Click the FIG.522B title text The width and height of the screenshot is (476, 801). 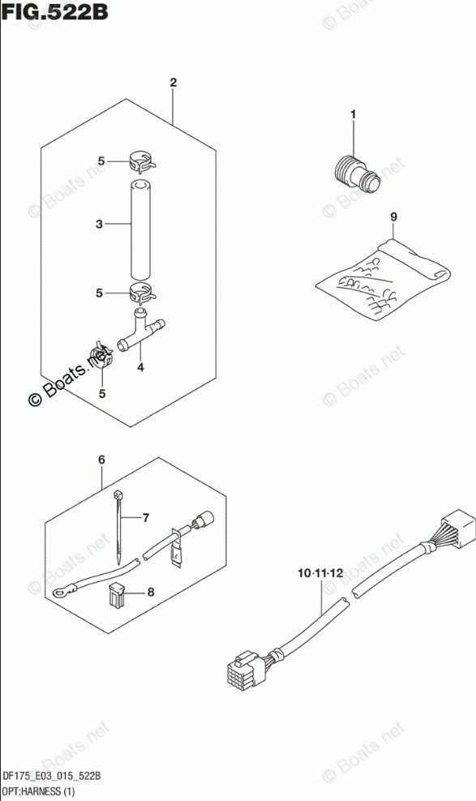pos(54,11)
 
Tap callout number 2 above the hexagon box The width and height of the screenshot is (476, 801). pos(174,82)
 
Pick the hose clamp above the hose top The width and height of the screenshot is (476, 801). pos(142,161)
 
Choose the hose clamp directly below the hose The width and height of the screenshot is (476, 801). pos(142,292)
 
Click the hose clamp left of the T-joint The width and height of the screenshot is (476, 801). pos(100,357)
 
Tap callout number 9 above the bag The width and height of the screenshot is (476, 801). pos(393,216)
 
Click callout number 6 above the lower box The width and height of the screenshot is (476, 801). pos(101,460)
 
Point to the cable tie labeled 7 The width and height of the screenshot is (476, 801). pos(118,527)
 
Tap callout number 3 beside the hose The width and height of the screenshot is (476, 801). pos(100,224)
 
